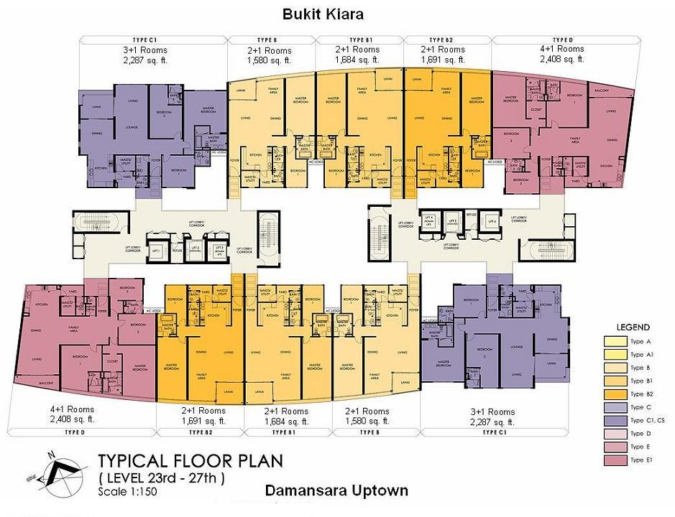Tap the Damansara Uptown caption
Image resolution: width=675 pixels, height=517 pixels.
336,491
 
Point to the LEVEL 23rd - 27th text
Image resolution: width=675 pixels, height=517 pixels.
161,478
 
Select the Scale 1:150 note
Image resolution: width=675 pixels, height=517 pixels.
127,492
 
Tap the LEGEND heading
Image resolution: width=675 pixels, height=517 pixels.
633,327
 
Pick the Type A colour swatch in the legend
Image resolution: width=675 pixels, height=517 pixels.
614,342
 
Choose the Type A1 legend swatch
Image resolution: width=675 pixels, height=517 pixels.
614,355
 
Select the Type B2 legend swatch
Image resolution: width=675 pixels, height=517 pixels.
614,394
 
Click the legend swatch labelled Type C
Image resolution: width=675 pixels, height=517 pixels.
614,407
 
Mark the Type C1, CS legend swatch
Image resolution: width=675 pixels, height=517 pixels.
614,420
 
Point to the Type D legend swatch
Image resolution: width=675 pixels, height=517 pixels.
614,434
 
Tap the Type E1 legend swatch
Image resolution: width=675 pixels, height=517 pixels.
614,460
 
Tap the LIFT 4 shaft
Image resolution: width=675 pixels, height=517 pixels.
431,221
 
